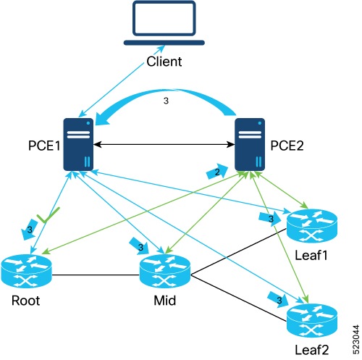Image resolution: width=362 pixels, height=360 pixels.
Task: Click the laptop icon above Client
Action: tap(165, 25)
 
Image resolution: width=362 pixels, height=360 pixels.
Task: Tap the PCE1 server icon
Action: tap(80, 145)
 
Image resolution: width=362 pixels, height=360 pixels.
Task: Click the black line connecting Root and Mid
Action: tap(96, 275)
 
